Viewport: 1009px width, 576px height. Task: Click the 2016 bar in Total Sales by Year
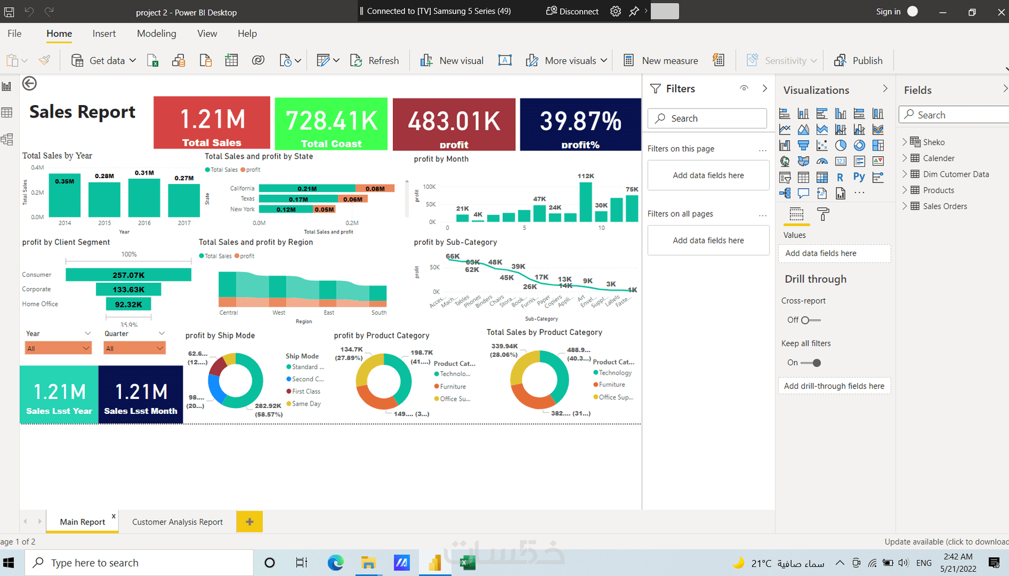pos(144,198)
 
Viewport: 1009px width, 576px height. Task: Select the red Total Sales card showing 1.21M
pos(212,123)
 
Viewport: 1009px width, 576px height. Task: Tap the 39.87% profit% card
pos(580,124)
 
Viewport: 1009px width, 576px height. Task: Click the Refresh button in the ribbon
pos(375,61)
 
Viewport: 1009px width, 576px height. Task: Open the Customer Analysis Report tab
pos(177,522)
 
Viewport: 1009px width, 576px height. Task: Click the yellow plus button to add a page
pos(249,521)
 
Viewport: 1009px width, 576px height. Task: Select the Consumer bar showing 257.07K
pos(128,275)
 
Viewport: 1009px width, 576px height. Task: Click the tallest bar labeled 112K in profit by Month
pos(586,202)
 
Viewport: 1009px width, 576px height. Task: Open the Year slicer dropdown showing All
pos(58,349)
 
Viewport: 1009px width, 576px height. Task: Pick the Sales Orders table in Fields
pos(945,206)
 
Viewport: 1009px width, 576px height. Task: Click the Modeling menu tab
pos(157,34)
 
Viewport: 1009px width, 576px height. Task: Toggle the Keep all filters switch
pos(811,363)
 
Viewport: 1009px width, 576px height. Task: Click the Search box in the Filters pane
pos(707,118)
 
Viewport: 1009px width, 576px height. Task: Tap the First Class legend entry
pos(306,391)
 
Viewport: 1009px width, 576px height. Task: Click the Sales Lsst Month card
pos(141,395)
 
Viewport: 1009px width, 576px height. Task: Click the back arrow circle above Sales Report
pos(30,84)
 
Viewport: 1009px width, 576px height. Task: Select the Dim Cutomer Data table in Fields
pos(956,174)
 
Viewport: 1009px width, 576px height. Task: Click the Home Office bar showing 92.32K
pos(128,304)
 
